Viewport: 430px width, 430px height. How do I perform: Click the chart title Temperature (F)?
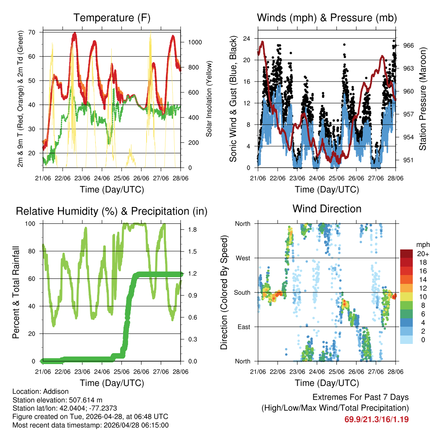tap(112, 18)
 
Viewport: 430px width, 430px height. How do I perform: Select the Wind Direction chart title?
tap(327, 208)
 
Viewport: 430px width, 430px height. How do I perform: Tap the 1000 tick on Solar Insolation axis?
tap(196, 42)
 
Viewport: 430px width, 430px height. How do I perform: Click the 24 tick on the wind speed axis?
tap(246, 39)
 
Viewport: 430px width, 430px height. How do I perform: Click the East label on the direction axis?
tap(243, 327)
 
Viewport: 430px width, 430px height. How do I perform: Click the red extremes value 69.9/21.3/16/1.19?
tap(377, 419)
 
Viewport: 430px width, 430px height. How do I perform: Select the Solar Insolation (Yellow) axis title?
tap(209, 99)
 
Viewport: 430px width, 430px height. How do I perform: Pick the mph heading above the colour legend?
tap(422, 244)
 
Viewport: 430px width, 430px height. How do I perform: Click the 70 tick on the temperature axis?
tap(31, 32)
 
